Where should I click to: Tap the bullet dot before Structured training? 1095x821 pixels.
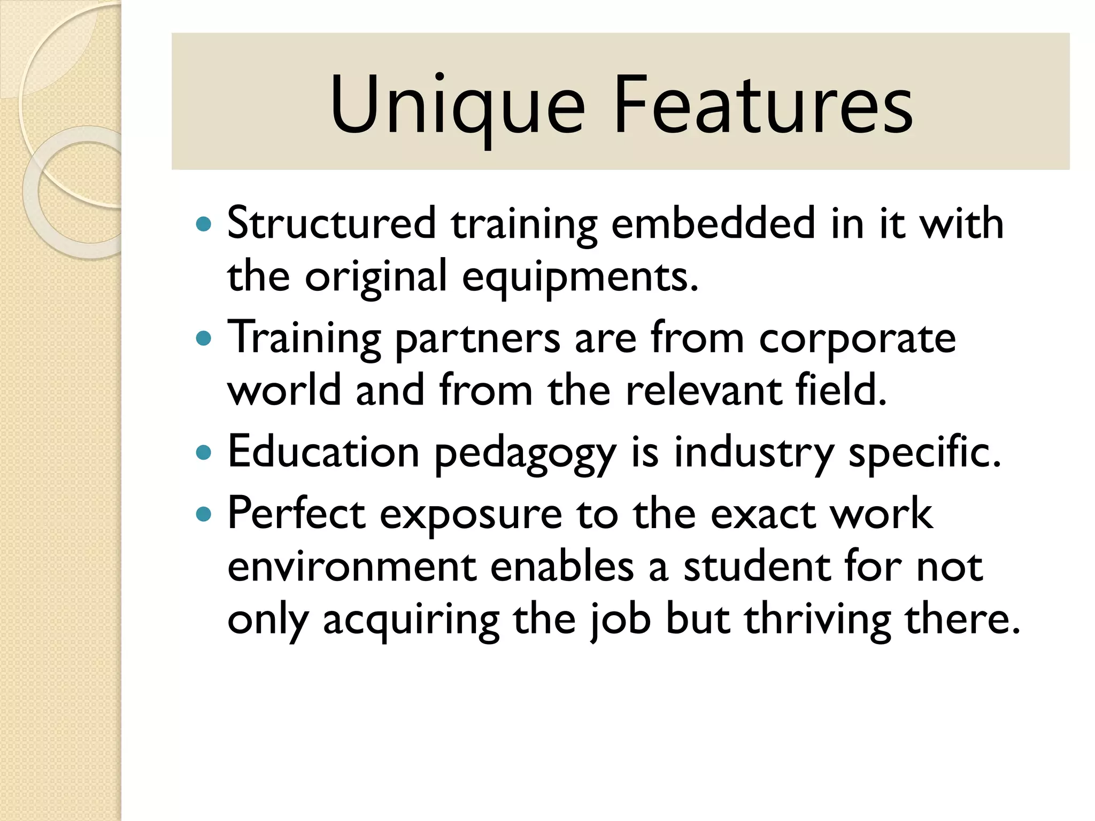pos(204,223)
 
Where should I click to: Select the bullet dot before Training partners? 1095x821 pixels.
pos(204,338)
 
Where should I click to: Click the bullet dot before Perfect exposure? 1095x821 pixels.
pos(204,515)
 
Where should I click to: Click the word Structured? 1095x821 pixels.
pos(331,223)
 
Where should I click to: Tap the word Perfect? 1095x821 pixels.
pos(296,514)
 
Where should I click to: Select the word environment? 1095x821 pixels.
pos(352,568)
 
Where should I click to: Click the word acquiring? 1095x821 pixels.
pos(411,621)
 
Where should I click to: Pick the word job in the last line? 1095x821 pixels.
pos(620,621)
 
